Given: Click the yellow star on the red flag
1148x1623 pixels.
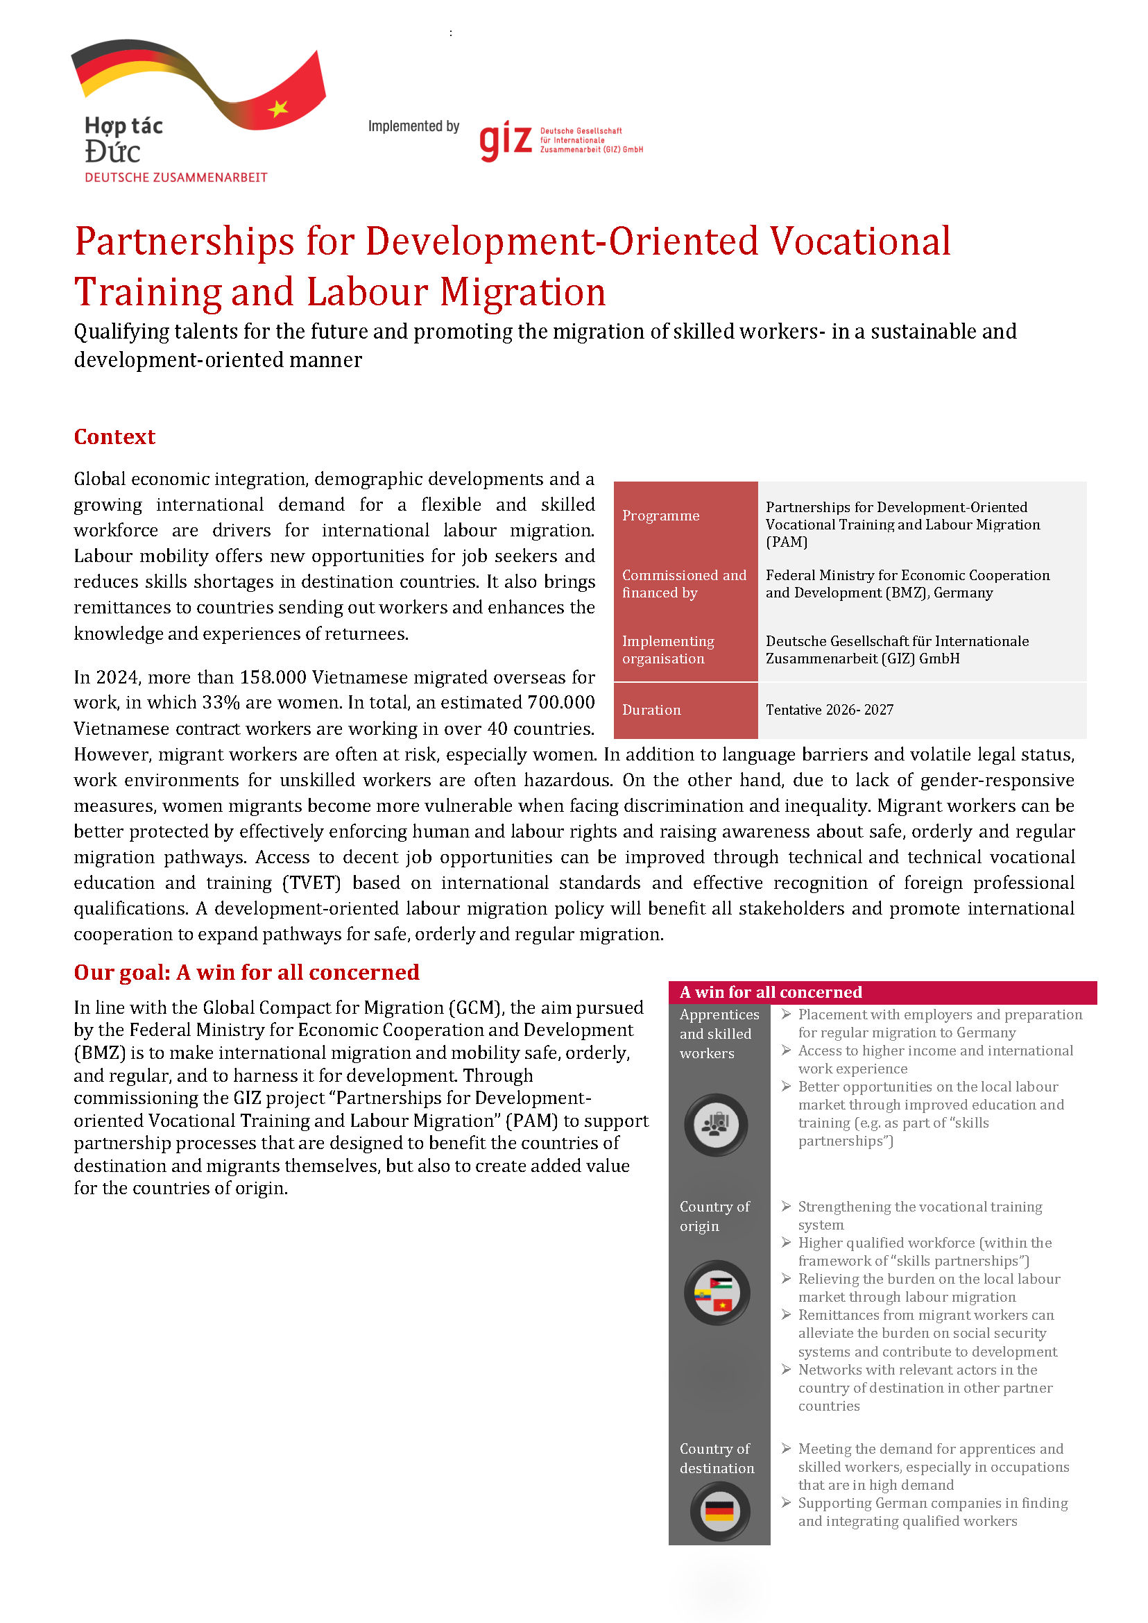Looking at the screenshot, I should (278, 108).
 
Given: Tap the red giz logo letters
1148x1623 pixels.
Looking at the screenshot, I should (506, 140).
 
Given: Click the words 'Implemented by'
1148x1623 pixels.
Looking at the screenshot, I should (413, 126).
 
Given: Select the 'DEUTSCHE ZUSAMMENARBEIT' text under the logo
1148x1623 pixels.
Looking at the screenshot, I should (176, 178).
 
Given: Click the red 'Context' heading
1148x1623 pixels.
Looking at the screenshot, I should (114, 436).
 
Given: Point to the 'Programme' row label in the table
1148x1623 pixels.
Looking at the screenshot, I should (660, 516).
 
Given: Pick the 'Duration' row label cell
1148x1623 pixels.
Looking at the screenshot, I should (651, 710).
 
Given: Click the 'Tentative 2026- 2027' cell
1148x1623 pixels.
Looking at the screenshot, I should (829, 710).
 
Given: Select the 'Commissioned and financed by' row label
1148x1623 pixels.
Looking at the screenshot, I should (683, 584).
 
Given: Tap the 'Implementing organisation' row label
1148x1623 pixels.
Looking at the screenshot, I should (668, 650).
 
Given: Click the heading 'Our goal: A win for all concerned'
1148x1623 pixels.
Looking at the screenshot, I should (247, 972).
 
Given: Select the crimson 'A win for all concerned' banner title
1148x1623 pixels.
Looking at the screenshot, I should (771, 992).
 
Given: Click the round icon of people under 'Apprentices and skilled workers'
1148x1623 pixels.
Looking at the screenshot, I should (715, 1124).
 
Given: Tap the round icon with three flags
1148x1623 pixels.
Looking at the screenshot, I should (716, 1293).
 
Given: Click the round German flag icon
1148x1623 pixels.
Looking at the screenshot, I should (719, 1511).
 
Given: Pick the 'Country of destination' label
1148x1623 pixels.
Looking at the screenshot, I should (717, 1459).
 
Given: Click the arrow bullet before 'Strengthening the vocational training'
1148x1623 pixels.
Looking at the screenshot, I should (786, 1206).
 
